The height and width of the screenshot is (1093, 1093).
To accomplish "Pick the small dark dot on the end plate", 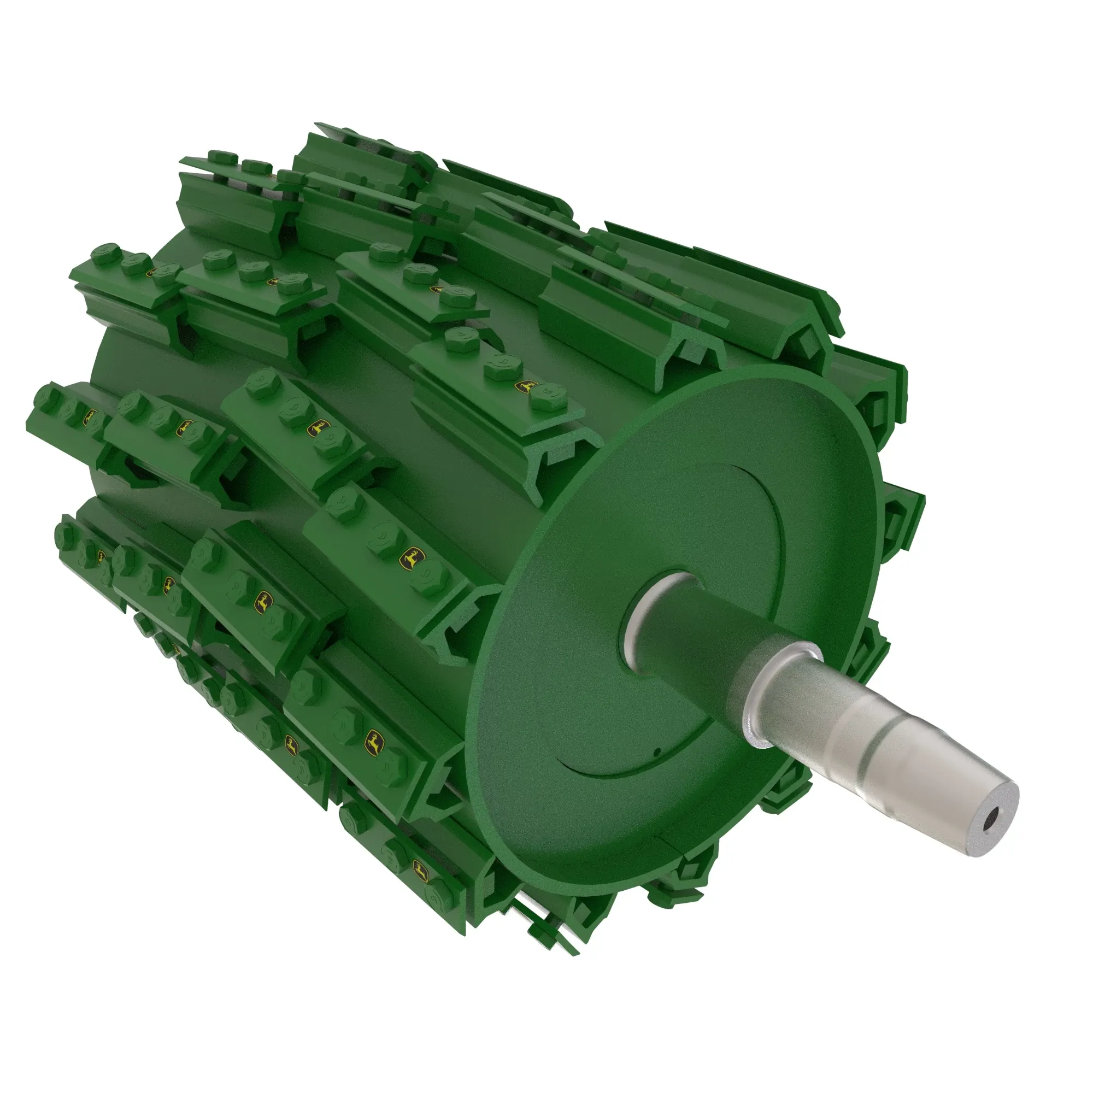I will (x=657, y=752).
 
